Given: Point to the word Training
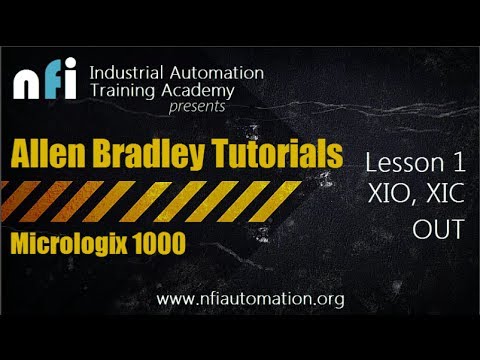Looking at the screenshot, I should click(x=121, y=92).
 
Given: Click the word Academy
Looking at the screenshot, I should click(x=197, y=93).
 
